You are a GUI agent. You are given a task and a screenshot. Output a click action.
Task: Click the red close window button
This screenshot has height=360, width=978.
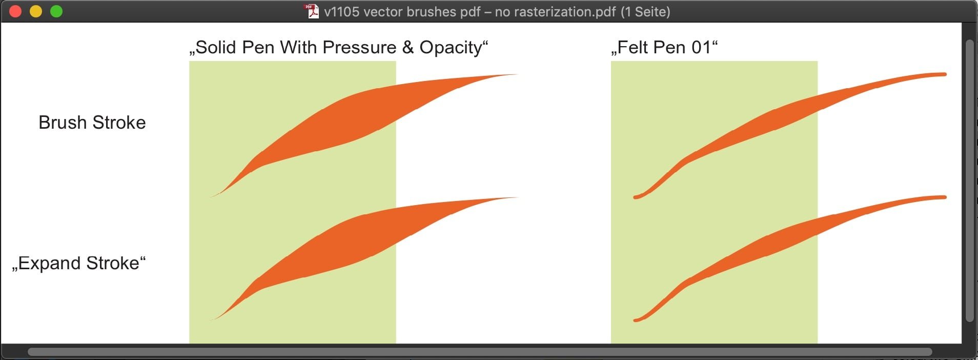(15, 11)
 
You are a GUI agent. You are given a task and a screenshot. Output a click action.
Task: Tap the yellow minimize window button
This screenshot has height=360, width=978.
(36, 11)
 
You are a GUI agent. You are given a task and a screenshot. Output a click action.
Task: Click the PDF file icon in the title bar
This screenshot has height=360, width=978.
(312, 11)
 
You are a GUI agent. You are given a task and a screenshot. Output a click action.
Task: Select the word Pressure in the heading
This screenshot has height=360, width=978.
(359, 47)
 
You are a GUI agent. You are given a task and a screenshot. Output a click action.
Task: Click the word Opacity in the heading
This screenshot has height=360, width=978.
(451, 48)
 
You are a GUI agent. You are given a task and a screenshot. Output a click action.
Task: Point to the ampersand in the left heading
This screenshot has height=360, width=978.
(408, 47)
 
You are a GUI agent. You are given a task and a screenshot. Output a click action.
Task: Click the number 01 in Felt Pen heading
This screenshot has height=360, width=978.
(701, 47)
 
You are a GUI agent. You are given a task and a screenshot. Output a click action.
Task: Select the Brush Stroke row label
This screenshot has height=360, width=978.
(92, 123)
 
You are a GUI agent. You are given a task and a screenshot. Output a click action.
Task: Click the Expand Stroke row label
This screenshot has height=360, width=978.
(79, 263)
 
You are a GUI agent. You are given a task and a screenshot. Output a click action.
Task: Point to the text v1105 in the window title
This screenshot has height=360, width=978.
(341, 11)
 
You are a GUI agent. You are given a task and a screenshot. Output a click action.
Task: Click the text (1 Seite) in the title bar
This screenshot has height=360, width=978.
(645, 11)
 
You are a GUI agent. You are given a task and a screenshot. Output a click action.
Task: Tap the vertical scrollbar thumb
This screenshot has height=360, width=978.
(969, 181)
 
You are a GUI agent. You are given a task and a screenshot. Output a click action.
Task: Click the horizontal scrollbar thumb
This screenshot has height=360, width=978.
(479, 352)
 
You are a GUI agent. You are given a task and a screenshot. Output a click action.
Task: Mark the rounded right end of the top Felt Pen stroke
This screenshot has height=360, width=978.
(944, 74)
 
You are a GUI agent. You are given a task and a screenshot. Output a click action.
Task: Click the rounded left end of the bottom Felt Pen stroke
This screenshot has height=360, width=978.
(636, 321)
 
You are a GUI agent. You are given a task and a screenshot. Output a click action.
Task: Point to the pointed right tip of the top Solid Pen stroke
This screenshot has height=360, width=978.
(518, 74)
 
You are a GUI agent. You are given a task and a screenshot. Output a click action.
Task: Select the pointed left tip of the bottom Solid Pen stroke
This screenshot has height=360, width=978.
(209, 320)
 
